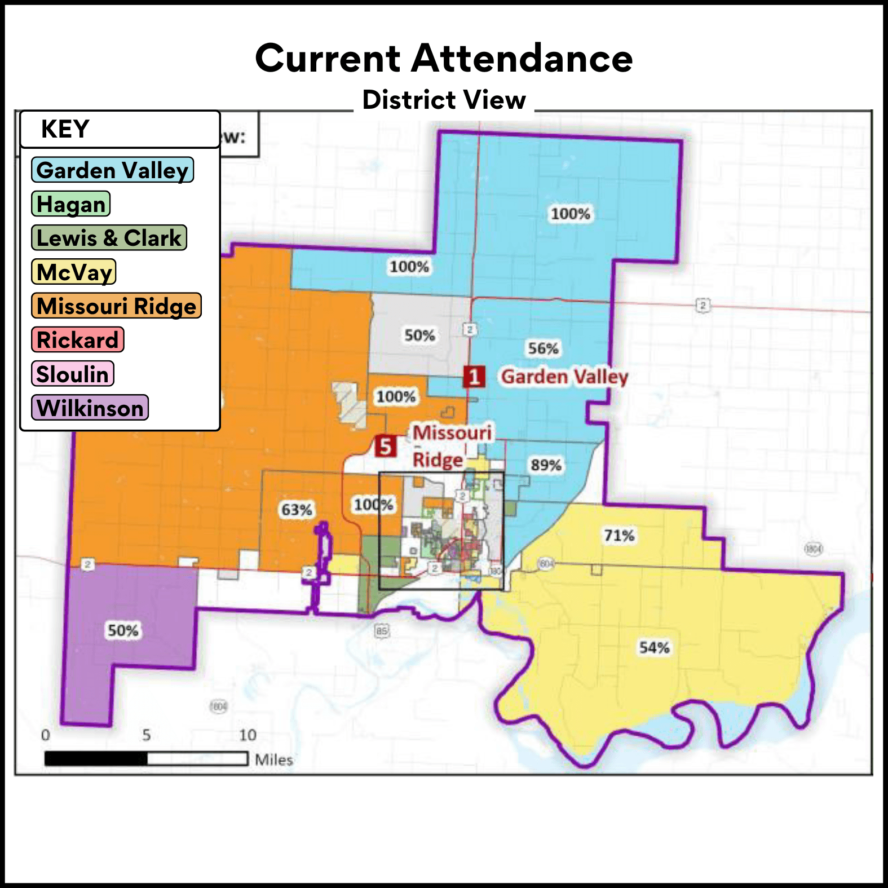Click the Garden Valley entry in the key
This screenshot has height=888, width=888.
click(x=112, y=170)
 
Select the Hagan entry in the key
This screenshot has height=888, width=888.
click(x=71, y=204)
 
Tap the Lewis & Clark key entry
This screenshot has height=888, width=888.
click(x=109, y=238)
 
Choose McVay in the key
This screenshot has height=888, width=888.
click(x=74, y=272)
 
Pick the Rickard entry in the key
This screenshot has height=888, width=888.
click(x=78, y=340)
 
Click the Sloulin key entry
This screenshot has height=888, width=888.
click(x=73, y=374)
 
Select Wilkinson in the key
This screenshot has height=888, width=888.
click(x=90, y=408)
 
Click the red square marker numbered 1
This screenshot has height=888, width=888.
click(x=474, y=377)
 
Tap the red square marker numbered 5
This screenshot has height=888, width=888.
click(x=386, y=447)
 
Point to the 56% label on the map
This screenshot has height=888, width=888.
click(x=543, y=348)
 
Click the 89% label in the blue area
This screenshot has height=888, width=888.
click(x=546, y=465)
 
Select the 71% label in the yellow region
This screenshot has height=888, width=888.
click(x=619, y=535)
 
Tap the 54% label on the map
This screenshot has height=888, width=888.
click(x=654, y=647)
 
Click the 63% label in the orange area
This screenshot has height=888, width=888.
click(x=297, y=510)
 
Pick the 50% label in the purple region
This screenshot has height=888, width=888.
click(x=123, y=630)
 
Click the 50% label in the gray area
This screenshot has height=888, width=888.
click(x=419, y=335)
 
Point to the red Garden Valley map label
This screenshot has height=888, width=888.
click(x=564, y=377)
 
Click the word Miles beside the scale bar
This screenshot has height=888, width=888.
click(x=274, y=759)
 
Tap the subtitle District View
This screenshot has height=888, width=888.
click(x=444, y=100)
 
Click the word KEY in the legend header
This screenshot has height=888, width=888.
click(x=65, y=129)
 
